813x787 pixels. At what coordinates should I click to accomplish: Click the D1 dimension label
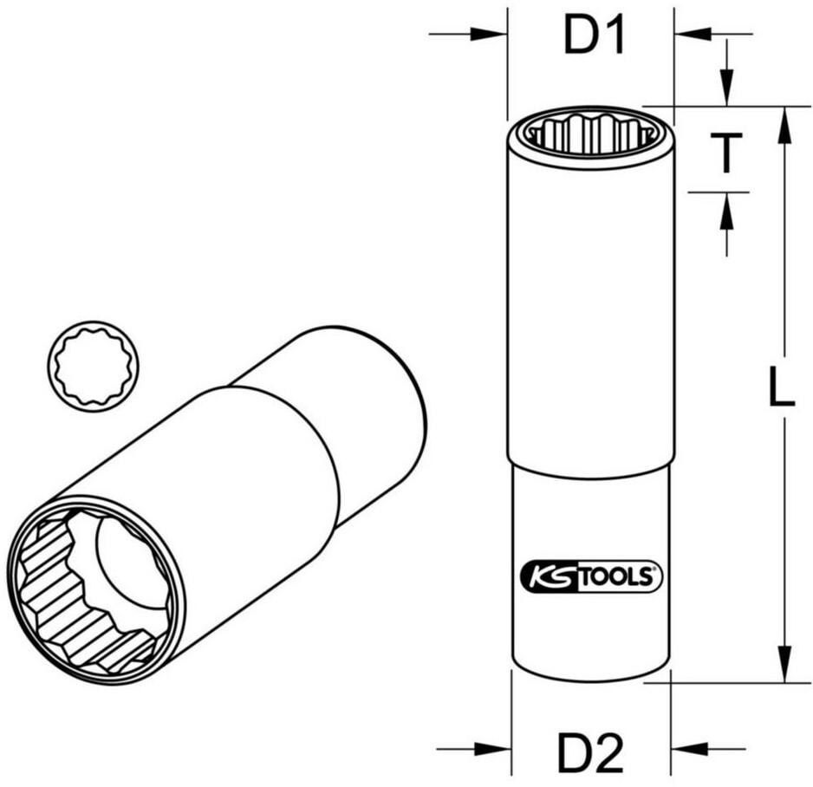coord(594,36)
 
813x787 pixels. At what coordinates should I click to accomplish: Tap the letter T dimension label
coord(726,153)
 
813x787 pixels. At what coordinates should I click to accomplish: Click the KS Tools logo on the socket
coord(590,576)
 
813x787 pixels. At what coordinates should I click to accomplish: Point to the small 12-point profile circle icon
coord(93,366)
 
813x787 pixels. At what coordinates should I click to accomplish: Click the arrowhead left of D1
coord(489,34)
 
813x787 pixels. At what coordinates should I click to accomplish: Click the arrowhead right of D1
coord(693,34)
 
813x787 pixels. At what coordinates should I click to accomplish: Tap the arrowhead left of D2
coord(494,749)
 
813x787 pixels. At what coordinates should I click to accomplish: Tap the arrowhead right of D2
coord(688,749)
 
